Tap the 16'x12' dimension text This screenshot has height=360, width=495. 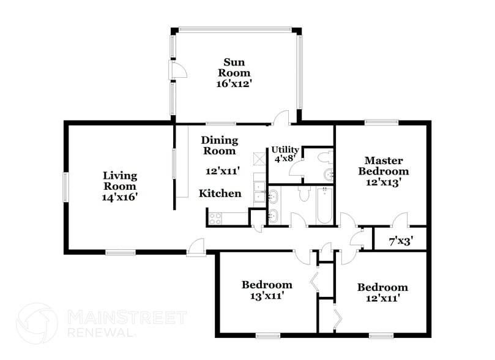(236, 83)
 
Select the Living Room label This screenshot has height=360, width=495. (119, 181)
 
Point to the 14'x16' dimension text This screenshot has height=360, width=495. (119, 197)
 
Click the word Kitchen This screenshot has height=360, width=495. (220, 193)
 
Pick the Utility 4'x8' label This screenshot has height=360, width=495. (285, 154)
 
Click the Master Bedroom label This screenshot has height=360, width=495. (383, 166)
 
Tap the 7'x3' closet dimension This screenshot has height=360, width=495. (400, 241)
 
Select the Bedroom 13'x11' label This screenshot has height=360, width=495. (267, 290)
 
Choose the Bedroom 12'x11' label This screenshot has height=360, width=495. (382, 292)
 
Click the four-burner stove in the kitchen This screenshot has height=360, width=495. (215, 217)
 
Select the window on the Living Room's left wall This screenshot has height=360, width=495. (65, 187)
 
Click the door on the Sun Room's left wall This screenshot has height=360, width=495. (177, 72)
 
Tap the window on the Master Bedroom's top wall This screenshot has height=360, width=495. (382, 122)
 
